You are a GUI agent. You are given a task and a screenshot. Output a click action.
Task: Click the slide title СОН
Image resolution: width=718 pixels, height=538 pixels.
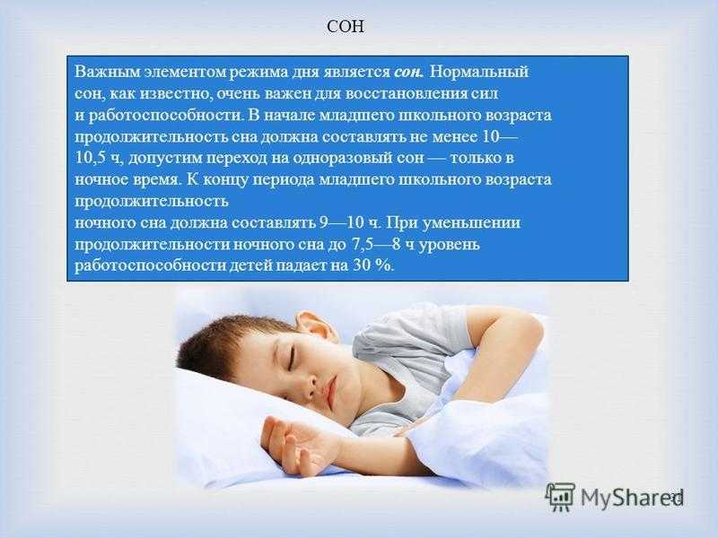pos(346,27)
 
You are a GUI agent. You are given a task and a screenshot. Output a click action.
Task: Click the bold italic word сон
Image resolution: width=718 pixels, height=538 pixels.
pos(409,73)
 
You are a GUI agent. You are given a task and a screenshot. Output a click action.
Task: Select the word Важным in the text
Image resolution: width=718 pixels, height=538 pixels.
pos(107,73)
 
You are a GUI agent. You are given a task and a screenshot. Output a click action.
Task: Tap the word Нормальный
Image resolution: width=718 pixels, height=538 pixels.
pos(479,73)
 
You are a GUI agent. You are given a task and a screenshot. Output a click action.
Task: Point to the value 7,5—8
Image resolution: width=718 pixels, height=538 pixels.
pos(375,245)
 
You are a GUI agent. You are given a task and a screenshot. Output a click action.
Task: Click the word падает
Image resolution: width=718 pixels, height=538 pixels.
pos(302,265)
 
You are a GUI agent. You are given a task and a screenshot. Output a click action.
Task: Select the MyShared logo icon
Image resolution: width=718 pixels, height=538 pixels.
pos(560,497)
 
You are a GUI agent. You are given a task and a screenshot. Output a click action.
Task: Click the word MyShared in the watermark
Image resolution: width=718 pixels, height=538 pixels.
pos(632,498)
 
